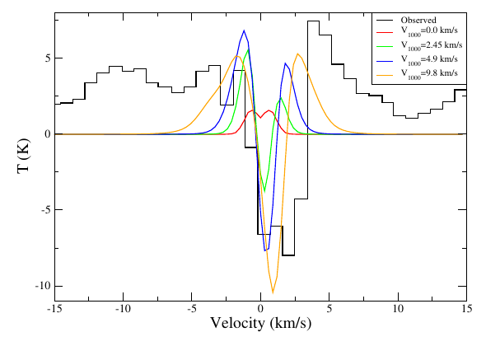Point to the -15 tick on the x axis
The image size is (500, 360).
click(54, 309)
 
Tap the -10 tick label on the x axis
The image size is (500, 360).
click(123, 309)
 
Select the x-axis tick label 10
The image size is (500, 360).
click(398, 309)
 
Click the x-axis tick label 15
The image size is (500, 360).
click(466, 309)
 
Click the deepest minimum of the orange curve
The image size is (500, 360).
click(273, 292)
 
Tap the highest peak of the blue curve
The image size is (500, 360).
click(244, 30)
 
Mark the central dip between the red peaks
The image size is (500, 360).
click(260, 118)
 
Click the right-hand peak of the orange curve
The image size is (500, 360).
click(298, 54)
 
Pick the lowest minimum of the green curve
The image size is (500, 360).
click(264, 191)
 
